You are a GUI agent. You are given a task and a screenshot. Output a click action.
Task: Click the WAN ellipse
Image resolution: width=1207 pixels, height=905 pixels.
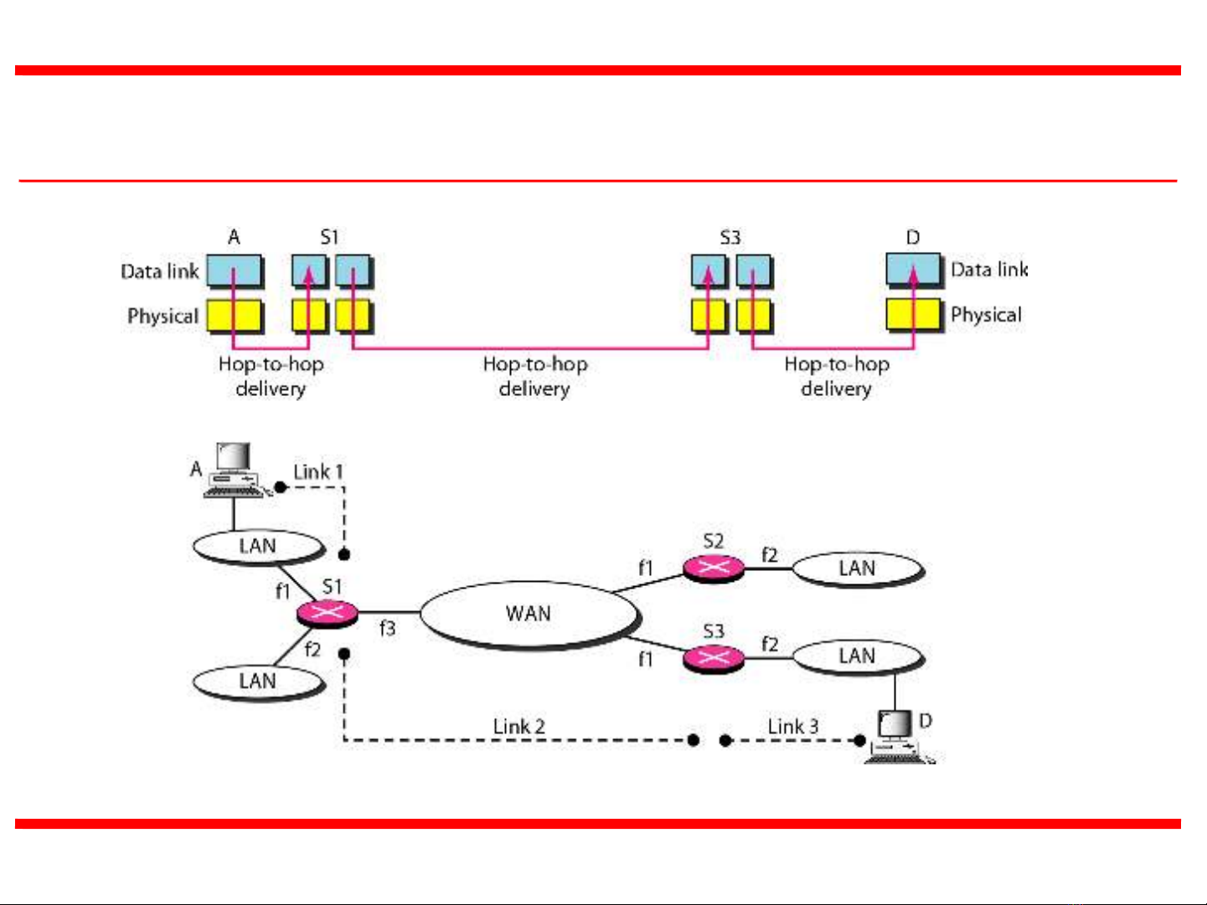[529, 614]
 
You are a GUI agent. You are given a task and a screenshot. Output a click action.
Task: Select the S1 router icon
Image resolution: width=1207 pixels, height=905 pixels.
[327, 613]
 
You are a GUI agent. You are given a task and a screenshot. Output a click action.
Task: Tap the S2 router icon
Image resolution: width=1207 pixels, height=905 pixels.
[713, 568]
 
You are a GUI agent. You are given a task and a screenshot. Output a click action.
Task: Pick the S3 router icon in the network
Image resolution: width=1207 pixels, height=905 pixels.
[713, 658]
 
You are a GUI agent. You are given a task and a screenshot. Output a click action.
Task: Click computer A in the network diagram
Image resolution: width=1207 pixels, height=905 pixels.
[233, 470]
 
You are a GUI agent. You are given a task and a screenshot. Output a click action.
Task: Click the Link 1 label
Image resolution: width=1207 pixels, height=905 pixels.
[318, 472]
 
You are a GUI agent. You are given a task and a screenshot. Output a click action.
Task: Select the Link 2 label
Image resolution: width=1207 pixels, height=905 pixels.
[518, 727]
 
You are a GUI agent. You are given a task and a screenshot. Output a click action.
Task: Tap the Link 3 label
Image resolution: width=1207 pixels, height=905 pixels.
[793, 727]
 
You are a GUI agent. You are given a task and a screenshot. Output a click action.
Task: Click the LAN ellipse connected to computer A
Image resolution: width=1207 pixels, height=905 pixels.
[257, 547]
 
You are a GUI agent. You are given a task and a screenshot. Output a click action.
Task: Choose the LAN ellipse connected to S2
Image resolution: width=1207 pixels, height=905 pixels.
[857, 569]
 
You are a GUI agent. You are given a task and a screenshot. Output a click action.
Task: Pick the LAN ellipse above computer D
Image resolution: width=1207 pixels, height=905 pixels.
[857, 656]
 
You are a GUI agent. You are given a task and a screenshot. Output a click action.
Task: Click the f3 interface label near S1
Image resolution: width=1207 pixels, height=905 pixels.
[387, 628]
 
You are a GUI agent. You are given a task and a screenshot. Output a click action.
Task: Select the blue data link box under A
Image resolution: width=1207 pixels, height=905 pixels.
[234, 271]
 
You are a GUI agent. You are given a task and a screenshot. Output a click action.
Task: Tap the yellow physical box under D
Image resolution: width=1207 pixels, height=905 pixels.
[913, 315]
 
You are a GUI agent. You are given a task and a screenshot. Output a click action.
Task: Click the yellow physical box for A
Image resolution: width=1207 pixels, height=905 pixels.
[234, 316]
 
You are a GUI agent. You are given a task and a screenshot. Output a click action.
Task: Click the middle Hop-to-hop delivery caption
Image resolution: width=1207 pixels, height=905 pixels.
[535, 376]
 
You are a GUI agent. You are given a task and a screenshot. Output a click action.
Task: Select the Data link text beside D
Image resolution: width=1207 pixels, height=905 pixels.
[988, 270]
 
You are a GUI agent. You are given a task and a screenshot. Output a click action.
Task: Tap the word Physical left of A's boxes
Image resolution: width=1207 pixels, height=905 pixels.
[162, 316]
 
